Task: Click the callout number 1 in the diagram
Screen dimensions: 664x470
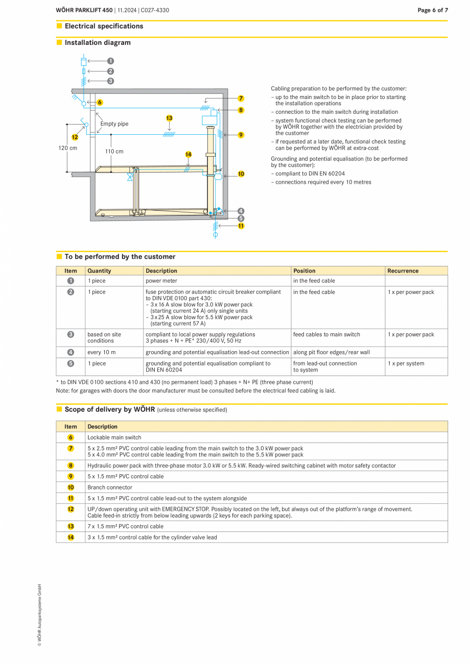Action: (x=110, y=61)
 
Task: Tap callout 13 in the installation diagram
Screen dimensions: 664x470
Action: (x=169, y=118)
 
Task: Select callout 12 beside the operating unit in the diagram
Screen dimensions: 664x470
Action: (x=75, y=137)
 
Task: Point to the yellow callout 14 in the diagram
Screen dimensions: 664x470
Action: (x=188, y=154)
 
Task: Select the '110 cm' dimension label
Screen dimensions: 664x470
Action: (x=114, y=151)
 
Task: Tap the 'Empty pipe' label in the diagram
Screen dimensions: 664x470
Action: (x=114, y=124)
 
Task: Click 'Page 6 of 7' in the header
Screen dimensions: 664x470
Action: (x=432, y=10)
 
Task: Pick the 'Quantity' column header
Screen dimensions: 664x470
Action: (x=99, y=271)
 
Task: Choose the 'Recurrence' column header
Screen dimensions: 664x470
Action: (x=403, y=271)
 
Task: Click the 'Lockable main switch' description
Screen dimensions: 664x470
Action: (x=114, y=437)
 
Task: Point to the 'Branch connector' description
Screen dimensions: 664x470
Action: (x=110, y=487)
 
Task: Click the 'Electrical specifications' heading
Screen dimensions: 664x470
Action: (x=104, y=26)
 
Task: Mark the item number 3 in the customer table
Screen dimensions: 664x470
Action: (x=70, y=334)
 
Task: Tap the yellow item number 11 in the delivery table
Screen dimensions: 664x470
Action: (x=70, y=498)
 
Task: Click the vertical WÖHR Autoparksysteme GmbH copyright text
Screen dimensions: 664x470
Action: (x=39, y=615)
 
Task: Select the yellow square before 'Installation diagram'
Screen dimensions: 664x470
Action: (x=59, y=42)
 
